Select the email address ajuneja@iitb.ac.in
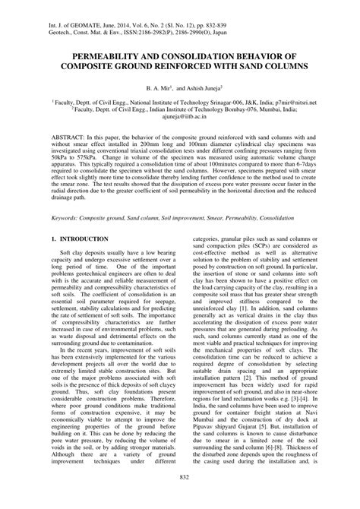(180, 118)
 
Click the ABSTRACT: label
(71, 138)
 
